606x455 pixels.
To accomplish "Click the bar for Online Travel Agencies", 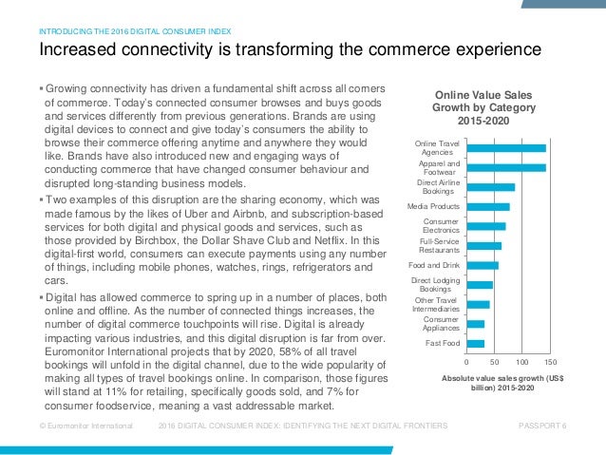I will click(x=506, y=148).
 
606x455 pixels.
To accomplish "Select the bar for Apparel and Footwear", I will click(x=506, y=168).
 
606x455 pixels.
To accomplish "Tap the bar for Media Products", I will click(x=488, y=206).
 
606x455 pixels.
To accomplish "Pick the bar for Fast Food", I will click(x=476, y=343).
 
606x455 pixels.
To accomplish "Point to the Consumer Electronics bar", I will click(x=486, y=226).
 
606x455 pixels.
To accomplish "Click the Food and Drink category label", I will click(x=433, y=265).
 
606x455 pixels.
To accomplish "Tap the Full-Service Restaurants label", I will click(x=440, y=246).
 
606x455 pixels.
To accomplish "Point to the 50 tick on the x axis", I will click(x=494, y=363).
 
